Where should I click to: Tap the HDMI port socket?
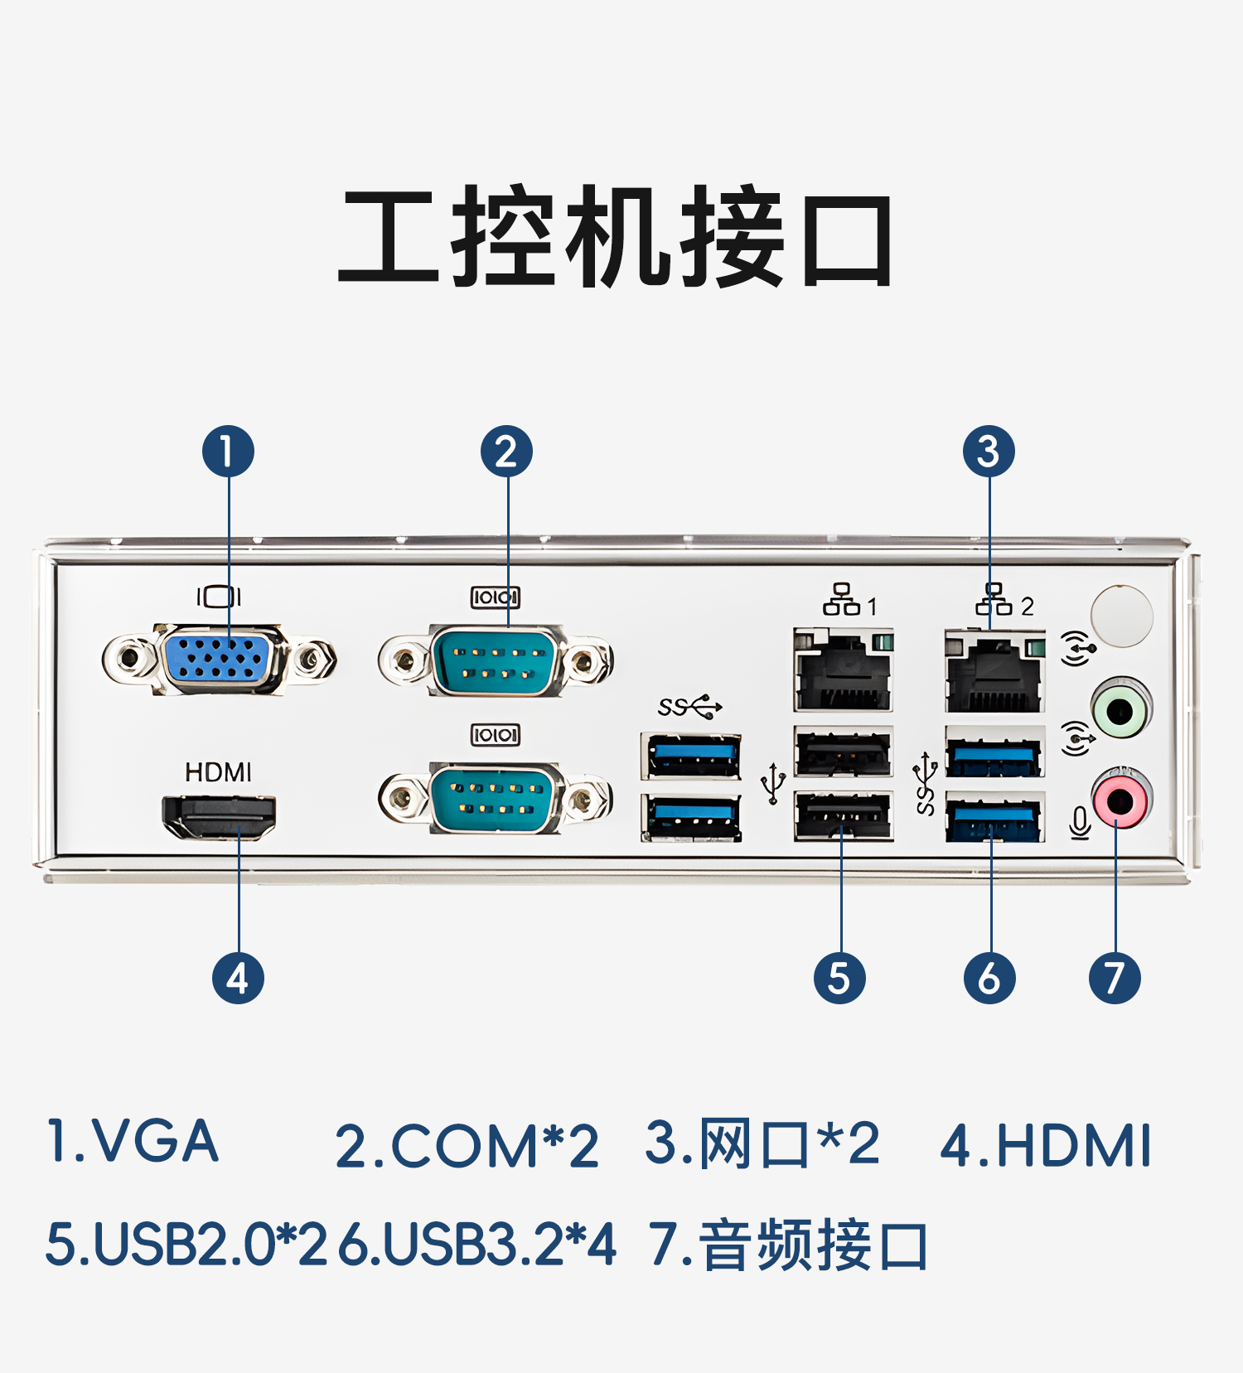[x=219, y=815]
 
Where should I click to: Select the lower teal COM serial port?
[x=496, y=799]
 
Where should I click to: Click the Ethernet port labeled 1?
[x=843, y=670]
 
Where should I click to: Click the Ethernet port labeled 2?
[x=994, y=672]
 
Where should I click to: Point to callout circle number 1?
[x=228, y=452]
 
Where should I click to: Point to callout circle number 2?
[x=506, y=452]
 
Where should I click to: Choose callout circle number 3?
[x=989, y=452]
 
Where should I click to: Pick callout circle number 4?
[x=238, y=979]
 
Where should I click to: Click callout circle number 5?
[x=839, y=979]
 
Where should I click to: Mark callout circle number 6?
[x=989, y=979]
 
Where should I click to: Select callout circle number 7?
[x=1115, y=979]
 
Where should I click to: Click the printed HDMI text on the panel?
[x=218, y=772]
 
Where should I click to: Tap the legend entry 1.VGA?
[x=133, y=1142]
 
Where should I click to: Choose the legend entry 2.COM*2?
[x=467, y=1147]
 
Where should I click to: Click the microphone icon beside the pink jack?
[x=1079, y=823]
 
